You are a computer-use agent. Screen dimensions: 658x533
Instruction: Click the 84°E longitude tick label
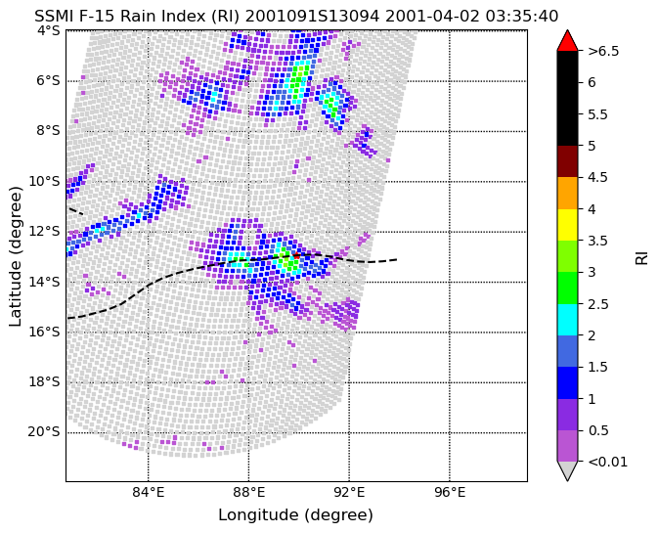[149, 492]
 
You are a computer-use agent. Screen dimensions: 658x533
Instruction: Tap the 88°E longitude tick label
[249, 492]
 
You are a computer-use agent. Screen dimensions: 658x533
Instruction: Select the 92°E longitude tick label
[349, 492]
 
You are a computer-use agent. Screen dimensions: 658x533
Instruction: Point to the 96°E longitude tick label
[450, 492]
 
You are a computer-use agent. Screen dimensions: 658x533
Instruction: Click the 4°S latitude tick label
[48, 30]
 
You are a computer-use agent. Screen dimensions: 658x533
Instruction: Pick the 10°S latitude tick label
[44, 181]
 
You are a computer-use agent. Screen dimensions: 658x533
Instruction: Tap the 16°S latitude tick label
[44, 332]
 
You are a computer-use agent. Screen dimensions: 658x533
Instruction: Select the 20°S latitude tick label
[44, 432]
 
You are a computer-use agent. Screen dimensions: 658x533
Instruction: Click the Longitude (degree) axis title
[296, 515]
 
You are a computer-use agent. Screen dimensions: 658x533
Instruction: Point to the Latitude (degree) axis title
[15, 256]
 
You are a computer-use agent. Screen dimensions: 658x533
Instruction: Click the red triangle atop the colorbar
[567, 41]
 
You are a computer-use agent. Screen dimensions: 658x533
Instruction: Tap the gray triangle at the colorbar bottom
[567, 470]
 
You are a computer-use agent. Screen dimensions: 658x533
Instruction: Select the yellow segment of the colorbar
[567, 225]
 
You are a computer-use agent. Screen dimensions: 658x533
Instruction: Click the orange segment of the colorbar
[567, 193]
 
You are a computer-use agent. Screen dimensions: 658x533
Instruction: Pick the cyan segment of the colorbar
[567, 320]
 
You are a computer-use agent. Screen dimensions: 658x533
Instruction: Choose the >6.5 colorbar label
[603, 51]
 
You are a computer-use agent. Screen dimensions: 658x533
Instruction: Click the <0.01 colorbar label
[607, 462]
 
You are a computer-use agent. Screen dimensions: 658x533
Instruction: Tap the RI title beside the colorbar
[642, 256]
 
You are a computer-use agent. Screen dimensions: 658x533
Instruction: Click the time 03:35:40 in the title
[522, 17]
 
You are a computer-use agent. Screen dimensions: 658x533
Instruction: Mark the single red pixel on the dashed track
[296, 255]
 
